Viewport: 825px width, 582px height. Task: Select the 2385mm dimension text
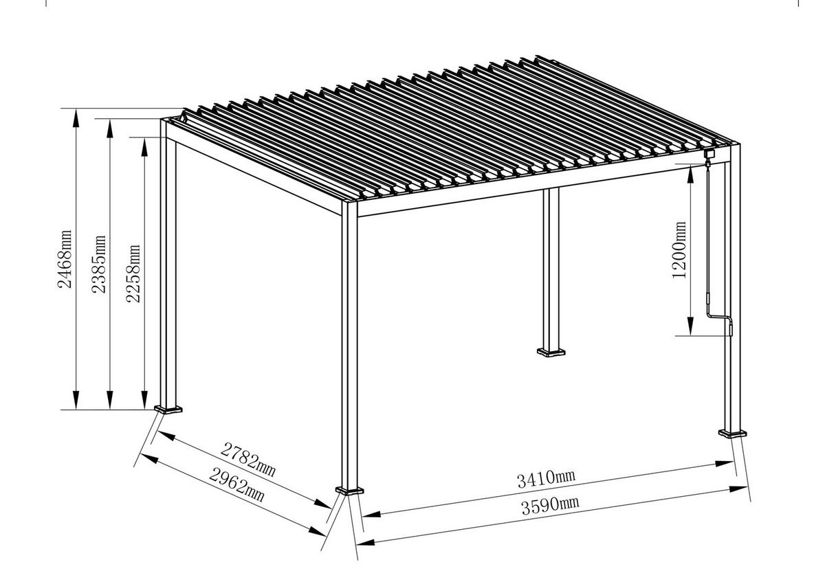pos(100,264)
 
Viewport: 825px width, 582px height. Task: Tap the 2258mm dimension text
pos(135,273)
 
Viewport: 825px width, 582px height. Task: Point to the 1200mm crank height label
pos(680,249)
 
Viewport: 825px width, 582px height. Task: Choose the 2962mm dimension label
pos(237,483)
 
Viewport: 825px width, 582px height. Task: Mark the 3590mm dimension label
pos(550,505)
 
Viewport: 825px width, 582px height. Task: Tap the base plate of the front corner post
pos(350,491)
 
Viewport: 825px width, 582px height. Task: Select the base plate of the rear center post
pos(551,353)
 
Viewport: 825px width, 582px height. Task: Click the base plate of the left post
pos(168,410)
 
